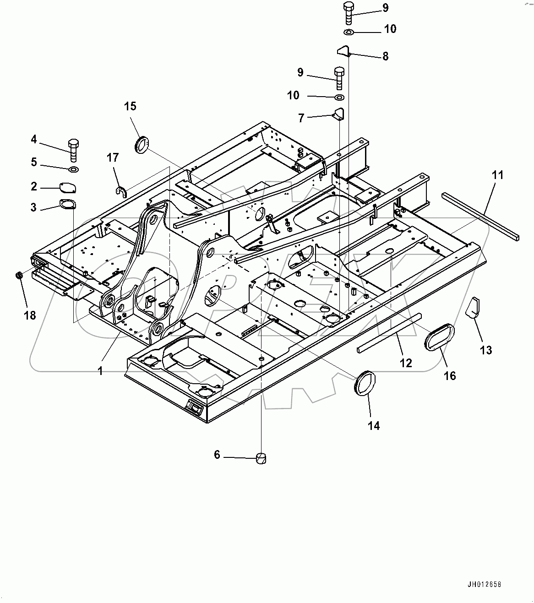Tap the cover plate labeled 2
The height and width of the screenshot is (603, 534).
[x=68, y=188]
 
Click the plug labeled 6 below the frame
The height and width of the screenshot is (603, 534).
[x=261, y=457]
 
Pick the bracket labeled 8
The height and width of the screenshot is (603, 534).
[x=344, y=51]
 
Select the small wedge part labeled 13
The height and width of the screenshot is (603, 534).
[x=472, y=307]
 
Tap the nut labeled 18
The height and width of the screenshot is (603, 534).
[x=20, y=276]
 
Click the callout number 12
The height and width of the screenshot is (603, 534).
[x=406, y=363]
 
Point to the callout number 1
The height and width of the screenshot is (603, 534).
[x=101, y=370]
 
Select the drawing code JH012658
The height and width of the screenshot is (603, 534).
[x=484, y=584]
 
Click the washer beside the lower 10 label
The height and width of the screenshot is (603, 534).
[x=339, y=97]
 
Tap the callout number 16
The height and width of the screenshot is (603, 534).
[x=450, y=375]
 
